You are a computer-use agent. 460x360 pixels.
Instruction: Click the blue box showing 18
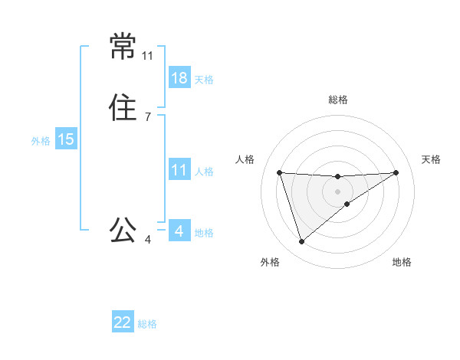click(x=179, y=77)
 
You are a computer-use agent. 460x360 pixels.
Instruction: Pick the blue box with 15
click(x=66, y=139)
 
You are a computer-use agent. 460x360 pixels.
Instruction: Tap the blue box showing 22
click(x=123, y=322)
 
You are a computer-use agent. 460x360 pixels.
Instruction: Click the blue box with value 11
click(x=179, y=170)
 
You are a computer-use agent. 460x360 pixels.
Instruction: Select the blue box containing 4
click(x=179, y=231)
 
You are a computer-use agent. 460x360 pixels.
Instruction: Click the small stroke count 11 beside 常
click(x=148, y=56)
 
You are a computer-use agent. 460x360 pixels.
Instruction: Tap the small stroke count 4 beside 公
click(x=147, y=240)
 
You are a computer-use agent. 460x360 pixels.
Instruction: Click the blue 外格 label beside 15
click(x=41, y=140)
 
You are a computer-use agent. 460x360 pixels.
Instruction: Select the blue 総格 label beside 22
click(x=147, y=324)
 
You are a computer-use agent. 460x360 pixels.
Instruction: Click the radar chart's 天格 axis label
click(x=431, y=159)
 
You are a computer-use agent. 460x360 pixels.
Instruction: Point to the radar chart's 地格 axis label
click(x=402, y=262)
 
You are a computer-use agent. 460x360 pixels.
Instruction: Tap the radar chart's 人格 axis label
click(x=245, y=159)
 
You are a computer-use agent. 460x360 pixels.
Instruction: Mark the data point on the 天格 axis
click(x=396, y=172)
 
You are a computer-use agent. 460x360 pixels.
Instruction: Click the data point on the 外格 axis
click(x=301, y=242)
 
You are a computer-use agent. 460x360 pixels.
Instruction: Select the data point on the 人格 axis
click(x=280, y=172)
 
